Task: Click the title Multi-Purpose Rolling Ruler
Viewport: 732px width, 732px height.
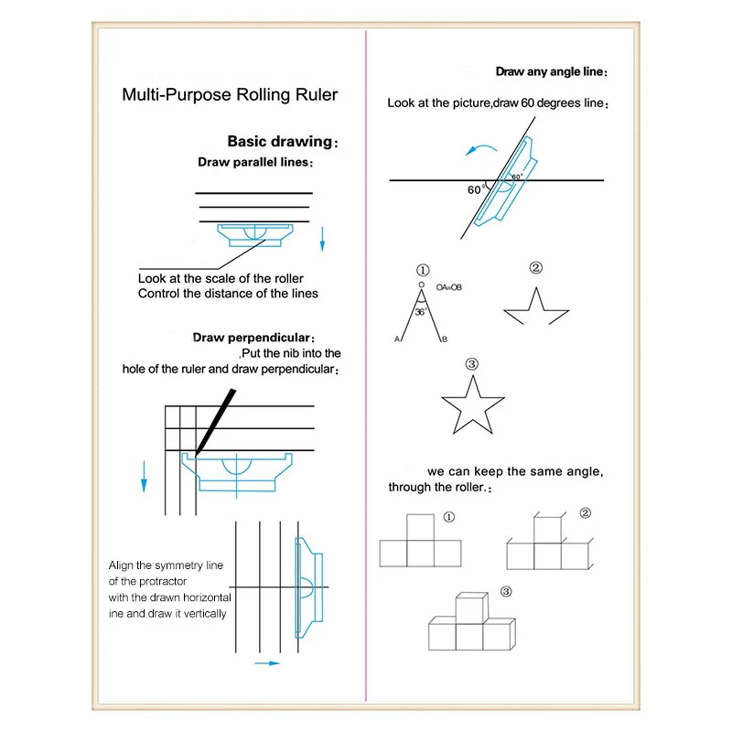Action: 230,94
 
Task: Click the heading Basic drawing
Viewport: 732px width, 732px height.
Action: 279,142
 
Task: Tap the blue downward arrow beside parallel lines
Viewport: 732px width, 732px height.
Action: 322,240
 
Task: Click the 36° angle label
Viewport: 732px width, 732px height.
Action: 420,312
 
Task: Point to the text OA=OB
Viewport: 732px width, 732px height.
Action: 449,287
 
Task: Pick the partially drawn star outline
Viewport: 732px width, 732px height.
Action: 536,307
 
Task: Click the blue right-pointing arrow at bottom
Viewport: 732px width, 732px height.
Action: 266,662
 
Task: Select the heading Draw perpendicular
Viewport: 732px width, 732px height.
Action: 253,338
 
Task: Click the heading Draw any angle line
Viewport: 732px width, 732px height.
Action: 552,71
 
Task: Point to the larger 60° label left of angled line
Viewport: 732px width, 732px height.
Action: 475,190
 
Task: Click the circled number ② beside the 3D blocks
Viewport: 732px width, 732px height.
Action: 586,513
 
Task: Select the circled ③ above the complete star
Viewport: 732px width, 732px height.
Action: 472,364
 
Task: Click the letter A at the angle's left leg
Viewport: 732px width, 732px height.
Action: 398,340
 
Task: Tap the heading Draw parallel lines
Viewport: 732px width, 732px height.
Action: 253,162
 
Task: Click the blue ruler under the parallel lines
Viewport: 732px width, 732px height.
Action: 256,235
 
